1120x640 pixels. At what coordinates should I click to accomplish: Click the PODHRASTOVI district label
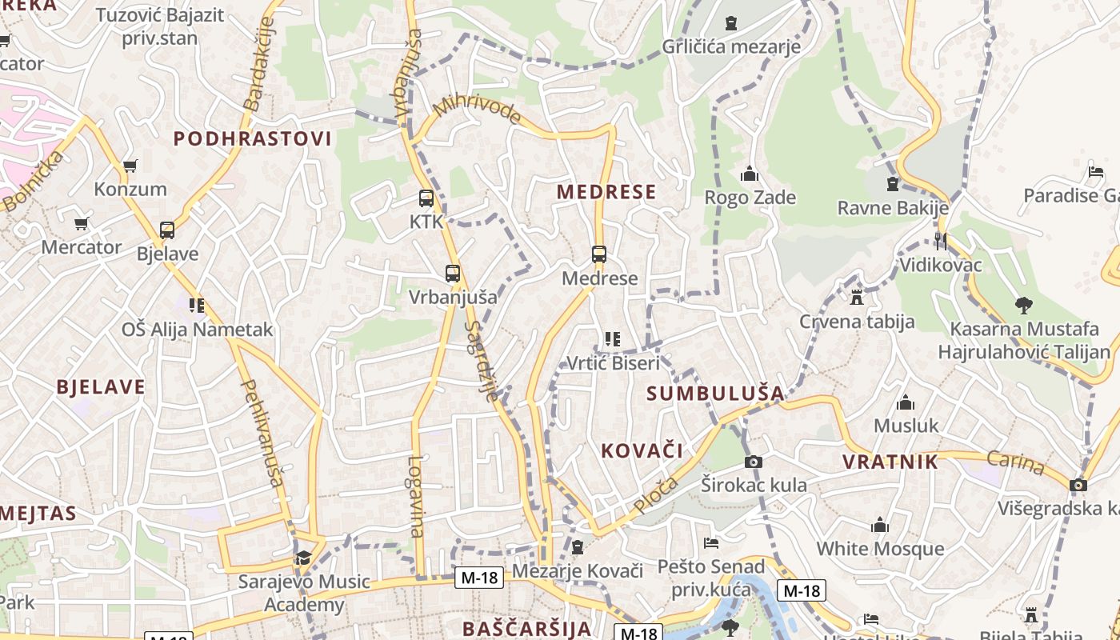click(x=252, y=138)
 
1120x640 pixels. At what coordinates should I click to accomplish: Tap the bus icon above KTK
click(x=426, y=198)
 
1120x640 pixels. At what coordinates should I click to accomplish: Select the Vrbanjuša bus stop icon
click(x=453, y=274)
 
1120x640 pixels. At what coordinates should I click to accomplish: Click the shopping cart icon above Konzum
click(x=130, y=166)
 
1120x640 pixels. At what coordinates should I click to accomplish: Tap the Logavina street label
click(x=415, y=496)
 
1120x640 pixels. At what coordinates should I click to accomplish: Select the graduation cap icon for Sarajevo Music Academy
click(x=303, y=558)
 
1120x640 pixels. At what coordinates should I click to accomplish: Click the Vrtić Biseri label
click(x=613, y=363)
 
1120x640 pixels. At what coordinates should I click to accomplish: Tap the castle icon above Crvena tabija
click(x=857, y=298)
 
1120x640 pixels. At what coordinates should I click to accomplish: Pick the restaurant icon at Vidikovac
click(x=941, y=241)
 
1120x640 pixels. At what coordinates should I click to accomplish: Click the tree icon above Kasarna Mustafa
click(x=1023, y=305)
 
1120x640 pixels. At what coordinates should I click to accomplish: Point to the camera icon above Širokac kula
click(x=754, y=462)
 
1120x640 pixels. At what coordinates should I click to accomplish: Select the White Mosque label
click(x=880, y=549)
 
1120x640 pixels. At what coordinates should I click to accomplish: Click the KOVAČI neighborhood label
click(x=642, y=451)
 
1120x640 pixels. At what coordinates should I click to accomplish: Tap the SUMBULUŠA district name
click(x=715, y=393)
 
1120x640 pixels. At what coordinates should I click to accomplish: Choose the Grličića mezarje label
click(x=730, y=46)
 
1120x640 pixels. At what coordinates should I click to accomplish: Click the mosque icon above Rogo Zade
click(x=750, y=174)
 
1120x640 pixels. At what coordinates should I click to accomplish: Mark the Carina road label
click(x=1015, y=462)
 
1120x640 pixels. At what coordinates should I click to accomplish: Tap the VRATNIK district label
click(x=890, y=462)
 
